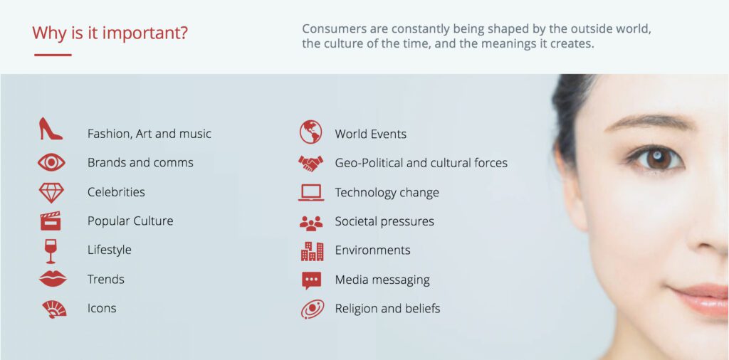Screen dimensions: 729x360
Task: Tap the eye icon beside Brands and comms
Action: (x=51, y=163)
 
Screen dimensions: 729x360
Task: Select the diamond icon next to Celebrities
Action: (x=51, y=192)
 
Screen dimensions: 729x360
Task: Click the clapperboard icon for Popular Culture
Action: (x=51, y=221)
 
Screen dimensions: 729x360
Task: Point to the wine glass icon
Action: (x=51, y=251)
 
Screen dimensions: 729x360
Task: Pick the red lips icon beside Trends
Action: (x=53, y=279)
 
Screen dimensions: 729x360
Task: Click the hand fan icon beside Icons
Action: (x=54, y=309)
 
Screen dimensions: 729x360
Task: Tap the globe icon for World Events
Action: (x=310, y=132)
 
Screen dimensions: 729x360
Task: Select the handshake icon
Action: (x=310, y=164)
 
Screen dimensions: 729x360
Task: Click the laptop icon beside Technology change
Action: (x=310, y=192)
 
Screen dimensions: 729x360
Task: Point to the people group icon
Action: (x=311, y=223)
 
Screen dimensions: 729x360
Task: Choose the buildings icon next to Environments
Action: (x=312, y=251)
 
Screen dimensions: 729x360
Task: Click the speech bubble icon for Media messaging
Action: (x=311, y=280)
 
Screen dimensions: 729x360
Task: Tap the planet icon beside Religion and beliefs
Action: (x=313, y=309)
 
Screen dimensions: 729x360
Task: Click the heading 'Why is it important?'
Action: (x=110, y=33)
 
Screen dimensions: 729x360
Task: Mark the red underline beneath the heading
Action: (x=53, y=55)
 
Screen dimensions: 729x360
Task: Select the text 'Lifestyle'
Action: (x=109, y=250)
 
